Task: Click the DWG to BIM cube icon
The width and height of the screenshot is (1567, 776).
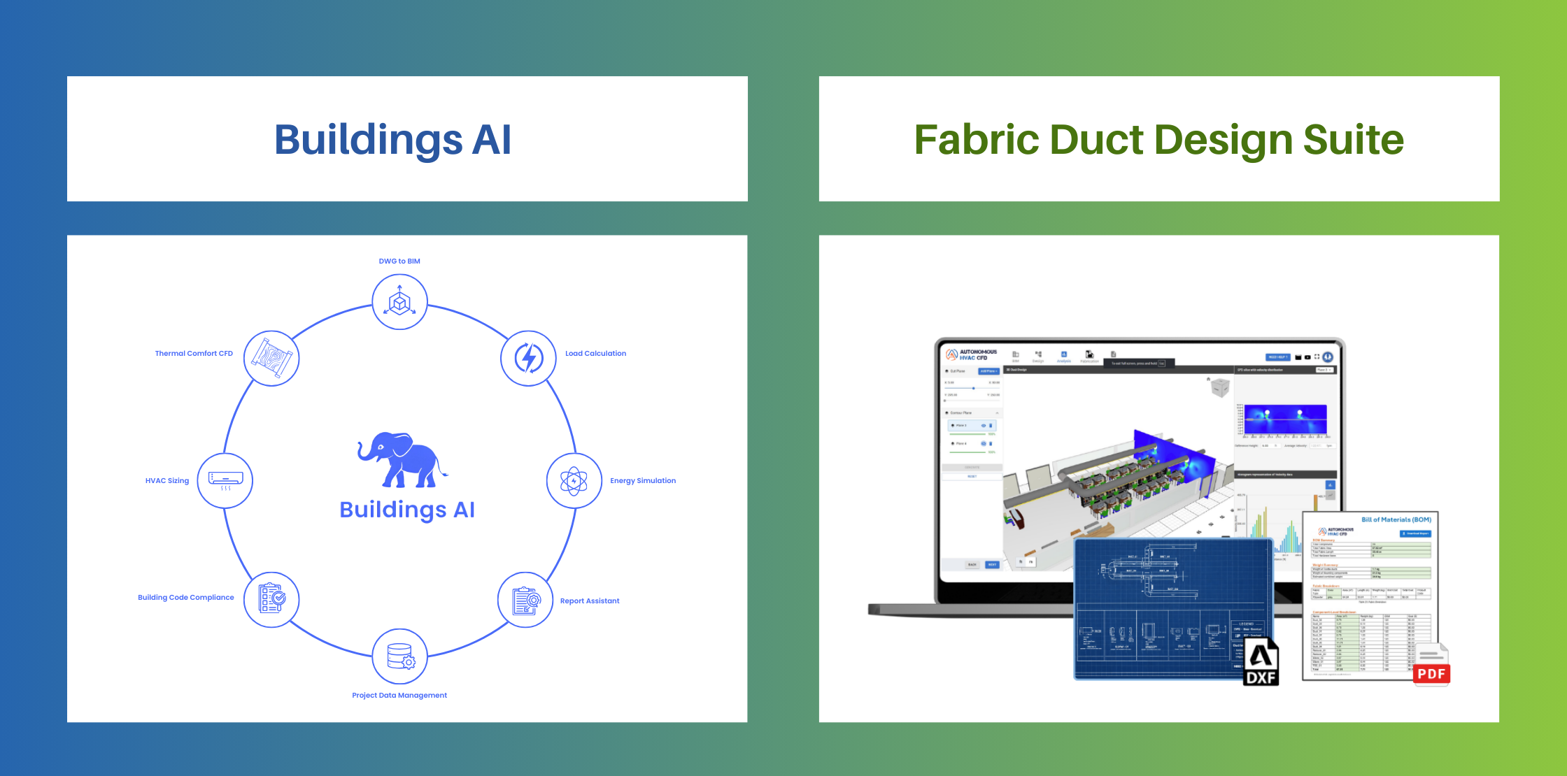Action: [399, 302]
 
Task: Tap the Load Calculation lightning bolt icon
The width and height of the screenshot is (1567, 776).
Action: [528, 358]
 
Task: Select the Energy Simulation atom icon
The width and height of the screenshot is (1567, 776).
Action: [574, 481]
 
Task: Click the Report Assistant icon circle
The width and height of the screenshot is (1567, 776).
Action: [525, 600]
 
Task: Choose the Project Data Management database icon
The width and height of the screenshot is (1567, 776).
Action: [399, 656]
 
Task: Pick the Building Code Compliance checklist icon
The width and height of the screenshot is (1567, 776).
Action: [271, 599]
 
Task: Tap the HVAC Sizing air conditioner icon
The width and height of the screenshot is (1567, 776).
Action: [225, 480]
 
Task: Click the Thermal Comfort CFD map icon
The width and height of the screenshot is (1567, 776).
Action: [271, 358]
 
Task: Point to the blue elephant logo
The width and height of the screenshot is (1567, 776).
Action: [401, 460]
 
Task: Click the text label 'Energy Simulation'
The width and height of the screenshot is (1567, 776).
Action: [642, 481]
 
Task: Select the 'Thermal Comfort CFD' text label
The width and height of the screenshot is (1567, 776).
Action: [194, 354]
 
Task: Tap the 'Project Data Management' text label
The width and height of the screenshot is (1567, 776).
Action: [399, 696]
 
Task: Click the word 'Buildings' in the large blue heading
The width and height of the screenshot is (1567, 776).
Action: [368, 140]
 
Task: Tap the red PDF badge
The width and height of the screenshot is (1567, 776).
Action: [1431, 674]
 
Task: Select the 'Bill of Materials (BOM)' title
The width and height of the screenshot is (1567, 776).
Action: [1396, 520]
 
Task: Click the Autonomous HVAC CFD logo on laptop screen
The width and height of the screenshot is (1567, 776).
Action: [972, 354]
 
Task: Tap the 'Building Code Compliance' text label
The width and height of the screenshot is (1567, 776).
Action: [186, 598]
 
